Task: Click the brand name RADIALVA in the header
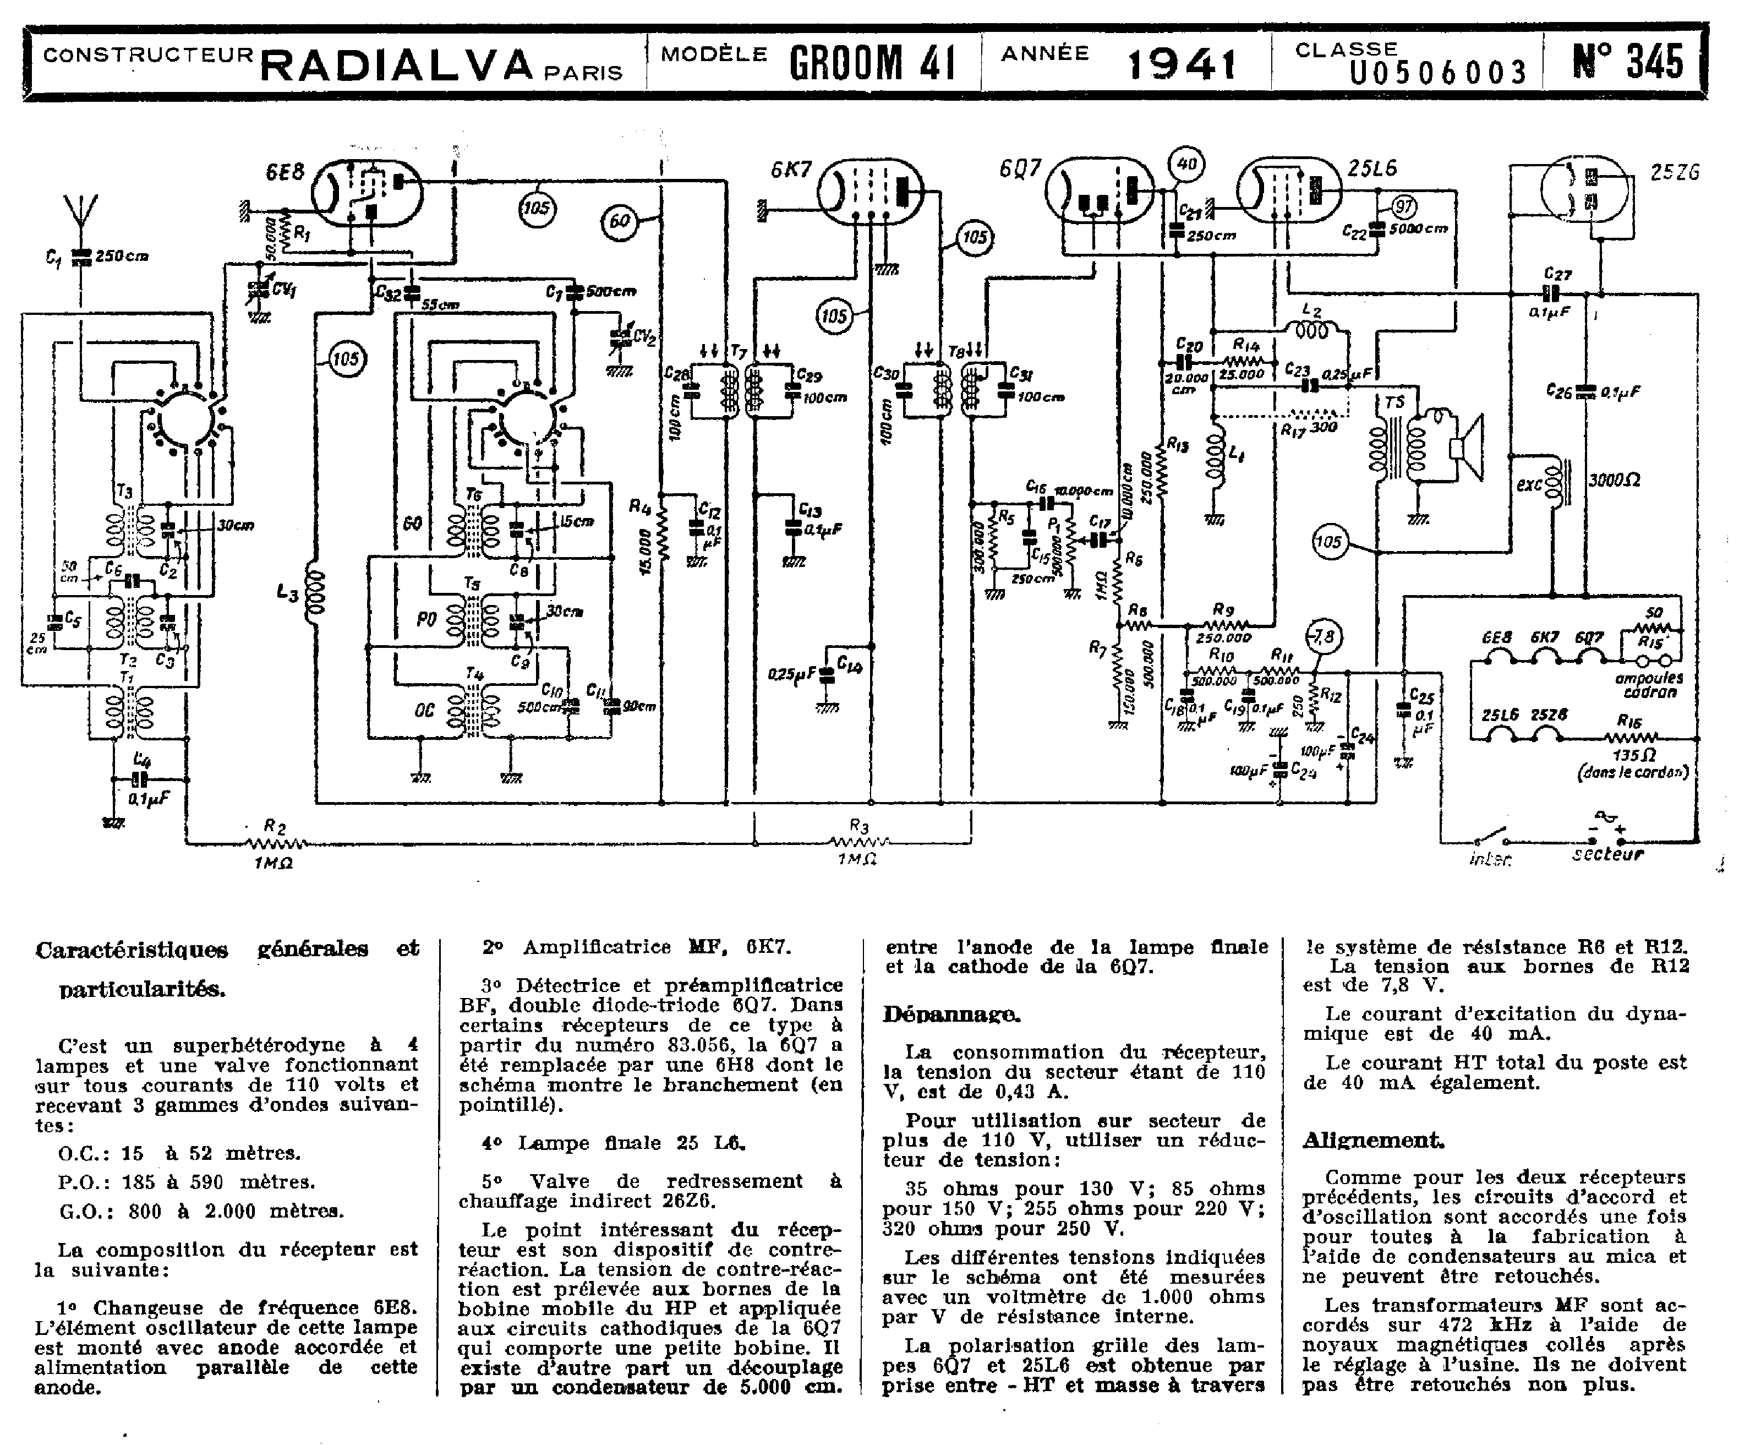pos(397,65)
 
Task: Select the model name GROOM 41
pos(871,62)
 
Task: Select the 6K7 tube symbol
pos(869,192)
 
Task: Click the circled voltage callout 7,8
pos(1322,637)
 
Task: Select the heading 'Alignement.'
pos(1373,1139)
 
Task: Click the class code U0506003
pos(1437,73)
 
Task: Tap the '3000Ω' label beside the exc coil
pos(1615,480)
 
